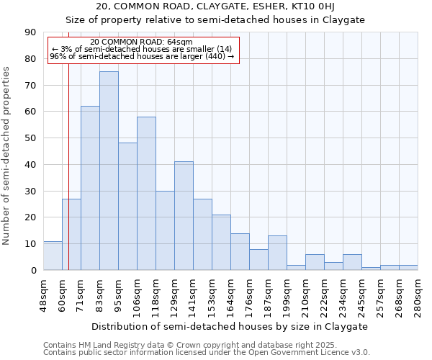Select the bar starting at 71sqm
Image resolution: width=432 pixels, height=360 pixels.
click(90, 188)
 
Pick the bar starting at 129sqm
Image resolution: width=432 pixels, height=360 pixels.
click(184, 216)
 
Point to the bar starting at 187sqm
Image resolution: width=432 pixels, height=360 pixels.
click(277, 253)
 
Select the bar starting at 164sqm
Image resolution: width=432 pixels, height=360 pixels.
click(240, 252)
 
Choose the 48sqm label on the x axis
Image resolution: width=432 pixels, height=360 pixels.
click(43, 295)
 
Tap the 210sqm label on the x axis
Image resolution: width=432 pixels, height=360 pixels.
click(305, 295)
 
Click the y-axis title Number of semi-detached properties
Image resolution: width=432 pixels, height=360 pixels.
click(7, 155)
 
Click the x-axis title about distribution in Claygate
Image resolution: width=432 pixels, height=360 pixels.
click(230, 326)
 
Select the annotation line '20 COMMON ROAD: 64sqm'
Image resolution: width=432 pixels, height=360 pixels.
click(142, 42)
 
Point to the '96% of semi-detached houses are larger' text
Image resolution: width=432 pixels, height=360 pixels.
click(142, 56)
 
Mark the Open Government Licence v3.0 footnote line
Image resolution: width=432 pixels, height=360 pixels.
click(207, 353)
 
